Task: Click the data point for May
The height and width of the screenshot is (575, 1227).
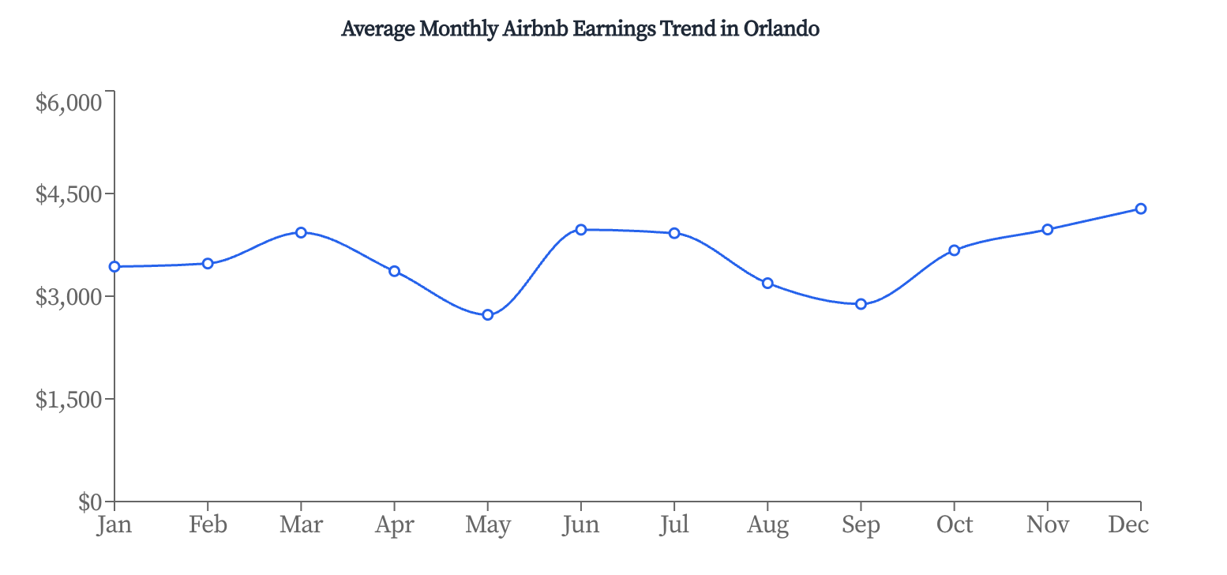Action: coord(488,315)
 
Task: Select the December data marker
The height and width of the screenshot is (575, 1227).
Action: coord(1141,209)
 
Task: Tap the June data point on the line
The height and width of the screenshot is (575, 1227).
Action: coord(581,230)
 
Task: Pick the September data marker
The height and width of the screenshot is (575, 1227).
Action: coord(861,304)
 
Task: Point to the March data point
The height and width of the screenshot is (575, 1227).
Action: coord(301,232)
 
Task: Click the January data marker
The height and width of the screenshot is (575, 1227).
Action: coord(114,267)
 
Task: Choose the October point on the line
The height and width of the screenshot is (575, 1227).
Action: coord(954,250)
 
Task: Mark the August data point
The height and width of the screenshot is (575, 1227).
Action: coord(767,283)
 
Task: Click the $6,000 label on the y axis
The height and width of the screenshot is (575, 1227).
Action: coord(69,103)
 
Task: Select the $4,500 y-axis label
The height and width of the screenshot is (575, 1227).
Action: coord(69,194)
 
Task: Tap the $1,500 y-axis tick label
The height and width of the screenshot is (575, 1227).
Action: coord(69,400)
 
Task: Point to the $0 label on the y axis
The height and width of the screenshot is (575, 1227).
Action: coord(90,502)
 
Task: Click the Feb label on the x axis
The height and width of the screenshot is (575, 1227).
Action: coord(208,524)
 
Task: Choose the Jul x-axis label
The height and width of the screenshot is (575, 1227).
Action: coord(674,524)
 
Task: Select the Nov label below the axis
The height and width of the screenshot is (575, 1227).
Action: coord(1047,524)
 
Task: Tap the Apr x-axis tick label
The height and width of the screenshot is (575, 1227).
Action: coord(394,525)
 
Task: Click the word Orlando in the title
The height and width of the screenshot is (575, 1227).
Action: coord(782,29)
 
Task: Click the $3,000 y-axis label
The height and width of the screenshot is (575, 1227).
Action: coord(69,297)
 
